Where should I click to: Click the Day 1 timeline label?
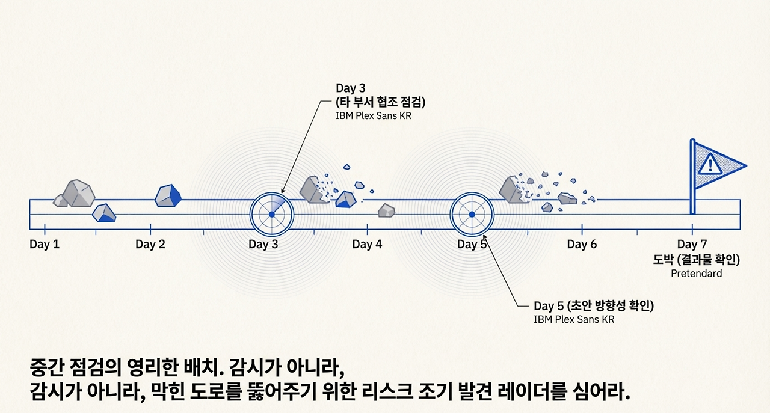(45, 245)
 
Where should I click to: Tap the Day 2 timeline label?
(150, 245)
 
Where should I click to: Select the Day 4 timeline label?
(367, 245)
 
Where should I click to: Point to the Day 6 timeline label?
(582, 245)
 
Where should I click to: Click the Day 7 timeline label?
(692, 245)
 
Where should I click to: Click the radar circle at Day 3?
(271, 215)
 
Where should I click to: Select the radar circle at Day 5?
(472, 215)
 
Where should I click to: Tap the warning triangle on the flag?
(710, 164)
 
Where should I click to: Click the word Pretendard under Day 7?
(696, 274)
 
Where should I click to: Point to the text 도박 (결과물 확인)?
(696, 260)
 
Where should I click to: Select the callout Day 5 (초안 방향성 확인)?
(593, 306)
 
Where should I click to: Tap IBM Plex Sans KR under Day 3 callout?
(374, 115)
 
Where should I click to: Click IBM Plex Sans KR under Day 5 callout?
(574, 320)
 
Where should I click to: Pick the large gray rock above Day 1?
(79, 192)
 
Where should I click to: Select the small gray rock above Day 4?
(386, 210)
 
